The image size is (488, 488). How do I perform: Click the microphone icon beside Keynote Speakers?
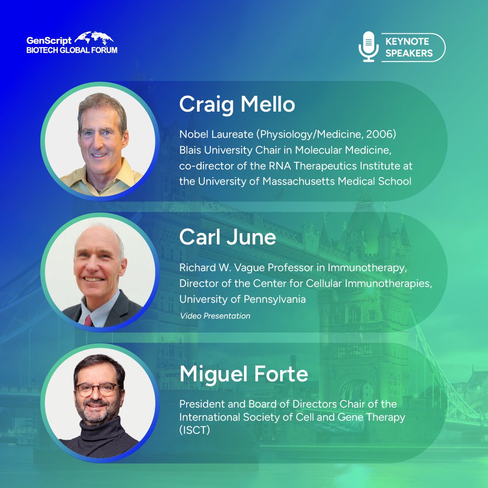[368, 47]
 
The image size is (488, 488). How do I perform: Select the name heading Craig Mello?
[237, 104]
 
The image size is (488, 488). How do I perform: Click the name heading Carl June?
[227, 237]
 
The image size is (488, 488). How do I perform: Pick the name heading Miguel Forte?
[244, 374]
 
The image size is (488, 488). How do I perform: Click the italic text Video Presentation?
[215, 316]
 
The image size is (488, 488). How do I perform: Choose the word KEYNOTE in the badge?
[407, 42]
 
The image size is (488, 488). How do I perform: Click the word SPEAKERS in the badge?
[409, 53]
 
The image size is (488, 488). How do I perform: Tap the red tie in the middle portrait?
[89, 320]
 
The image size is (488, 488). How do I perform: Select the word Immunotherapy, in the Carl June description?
[369, 268]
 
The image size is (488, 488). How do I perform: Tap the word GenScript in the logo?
[48, 41]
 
